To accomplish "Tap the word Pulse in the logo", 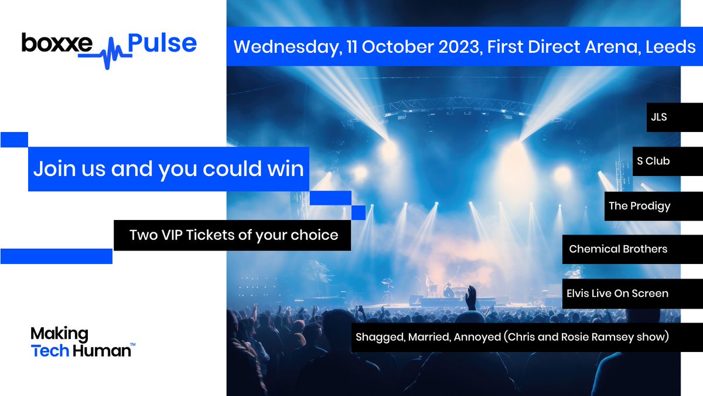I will click(x=162, y=43).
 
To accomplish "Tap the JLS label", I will click(x=658, y=117).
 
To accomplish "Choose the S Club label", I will click(x=653, y=161).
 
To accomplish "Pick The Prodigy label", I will click(x=639, y=205).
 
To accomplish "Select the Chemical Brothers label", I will click(x=618, y=249).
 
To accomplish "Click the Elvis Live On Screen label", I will click(x=617, y=293).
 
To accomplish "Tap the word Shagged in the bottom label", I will click(x=378, y=337).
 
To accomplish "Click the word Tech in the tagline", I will click(x=49, y=351).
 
